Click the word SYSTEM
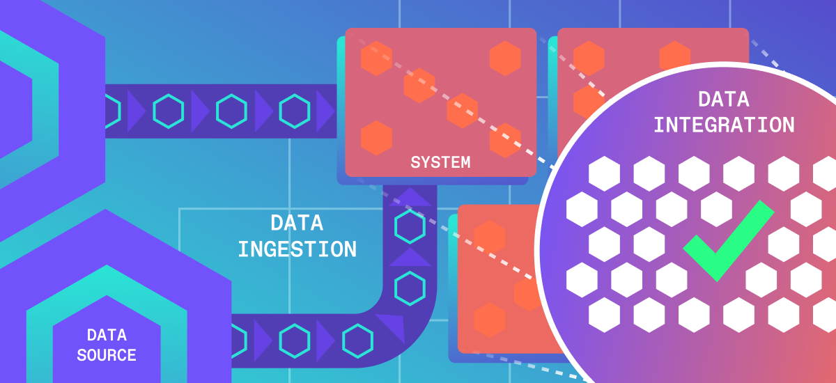[440, 163]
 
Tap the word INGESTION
[297, 249]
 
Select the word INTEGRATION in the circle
[724, 125]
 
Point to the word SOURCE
[107, 354]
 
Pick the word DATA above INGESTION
[297, 223]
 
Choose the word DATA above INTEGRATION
[724, 99]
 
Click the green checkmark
[727, 240]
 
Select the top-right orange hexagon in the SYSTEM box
[505, 58]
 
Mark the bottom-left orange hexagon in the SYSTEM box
[377, 138]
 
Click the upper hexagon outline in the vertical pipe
[410, 225]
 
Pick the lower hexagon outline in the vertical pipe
[410, 286]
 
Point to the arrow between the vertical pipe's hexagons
[410, 256]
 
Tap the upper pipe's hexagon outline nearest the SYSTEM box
[295, 110]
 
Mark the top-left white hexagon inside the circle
[604, 174]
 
